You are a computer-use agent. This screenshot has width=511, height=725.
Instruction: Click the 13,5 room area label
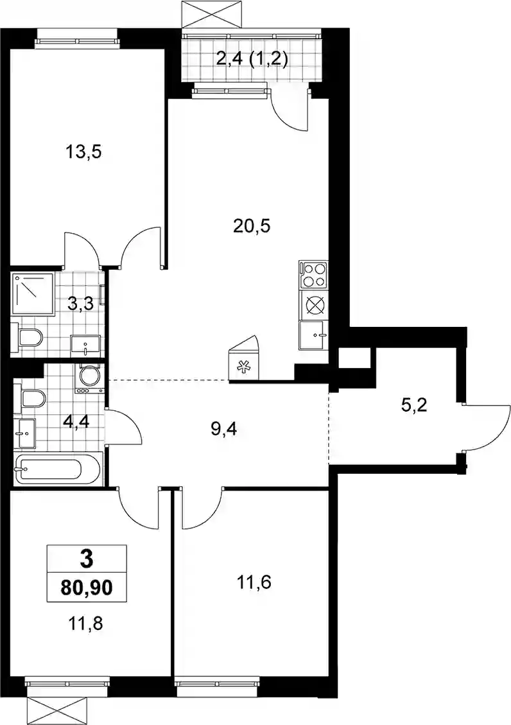(83, 152)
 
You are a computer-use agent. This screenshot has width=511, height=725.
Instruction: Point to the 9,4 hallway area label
(223, 431)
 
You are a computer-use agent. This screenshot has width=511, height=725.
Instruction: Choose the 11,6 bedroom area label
(254, 582)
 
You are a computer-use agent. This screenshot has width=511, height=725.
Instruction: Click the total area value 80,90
(87, 588)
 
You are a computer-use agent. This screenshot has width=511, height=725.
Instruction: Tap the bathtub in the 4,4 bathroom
(58, 469)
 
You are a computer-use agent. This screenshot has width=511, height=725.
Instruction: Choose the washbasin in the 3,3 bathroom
(86, 345)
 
